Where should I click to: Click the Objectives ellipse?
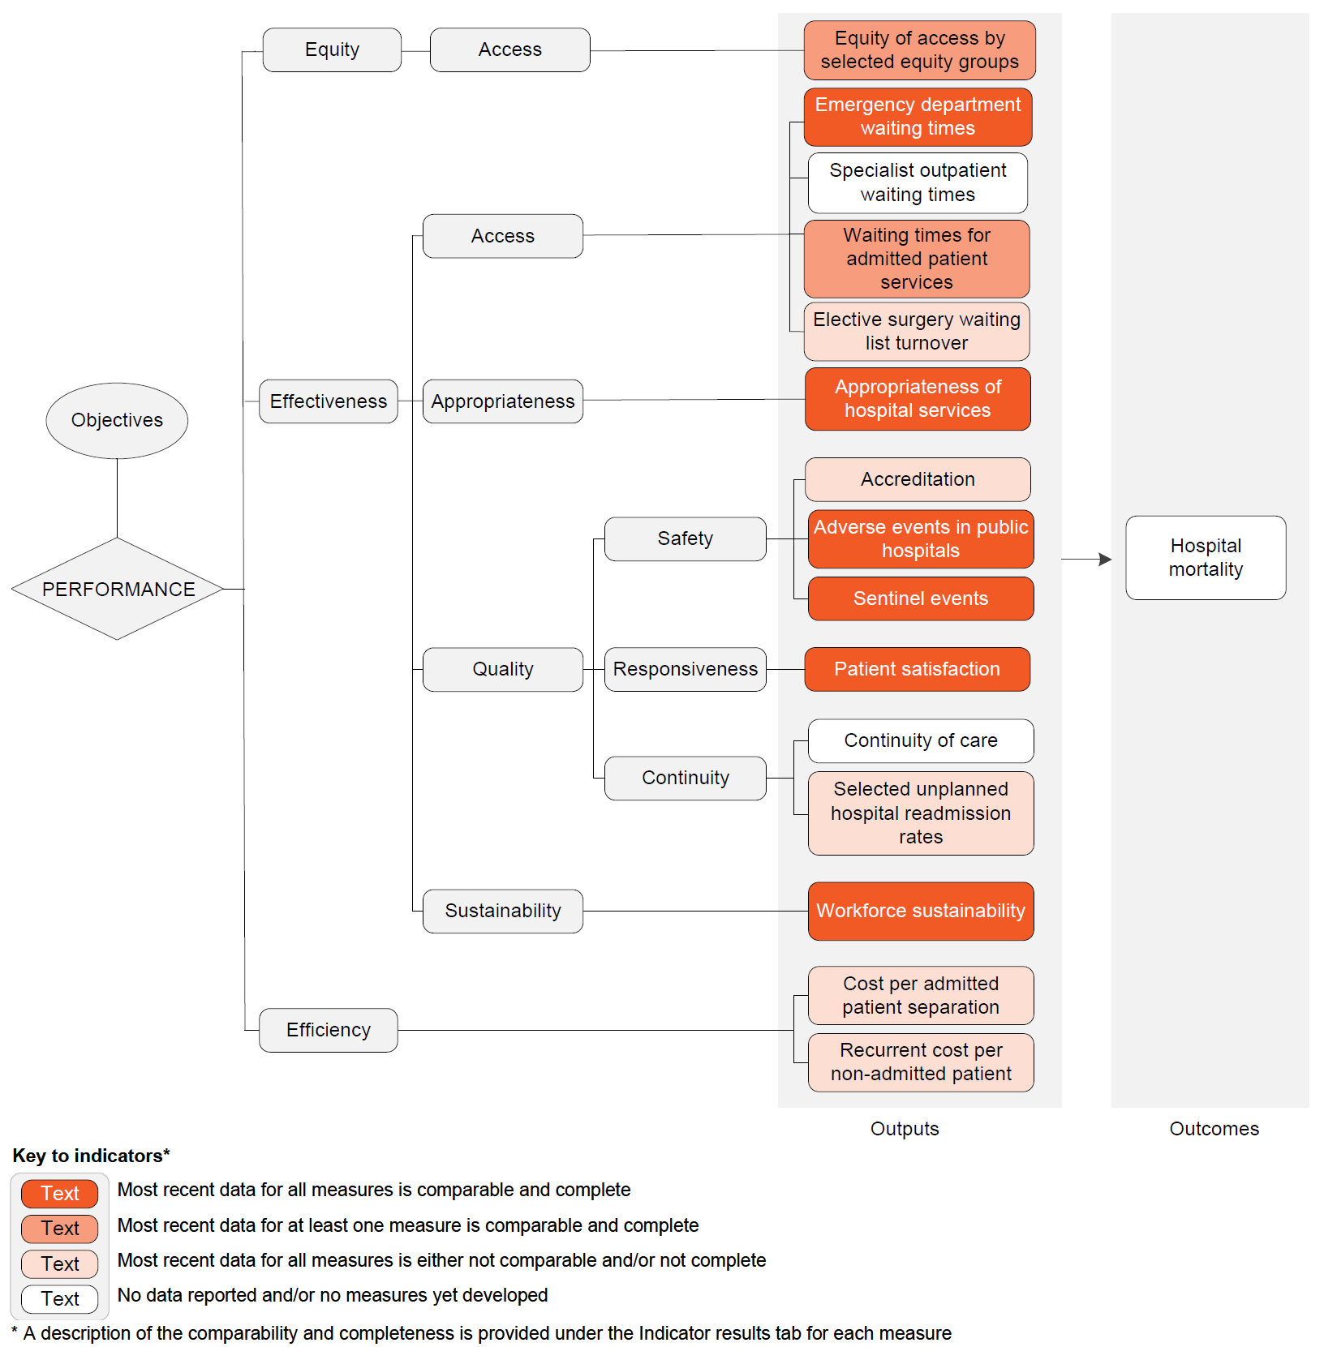click(117, 420)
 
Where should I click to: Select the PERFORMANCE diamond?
click(118, 589)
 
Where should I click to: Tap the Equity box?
click(332, 49)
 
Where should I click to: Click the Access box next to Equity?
click(509, 49)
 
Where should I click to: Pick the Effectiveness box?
click(328, 401)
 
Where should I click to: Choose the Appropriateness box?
click(502, 401)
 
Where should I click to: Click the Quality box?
click(502, 669)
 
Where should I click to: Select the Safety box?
click(685, 538)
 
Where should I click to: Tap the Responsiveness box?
click(685, 669)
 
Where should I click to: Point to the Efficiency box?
click(328, 1030)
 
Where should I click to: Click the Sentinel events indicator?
click(920, 598)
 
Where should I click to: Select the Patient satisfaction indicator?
click(917, 669)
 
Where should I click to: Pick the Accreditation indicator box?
click(918, 479)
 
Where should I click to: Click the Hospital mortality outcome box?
click(1206, 557)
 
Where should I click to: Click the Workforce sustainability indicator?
click(920, 911)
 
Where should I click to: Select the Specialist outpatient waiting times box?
click(918, 182)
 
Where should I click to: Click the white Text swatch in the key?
click(60, 1298)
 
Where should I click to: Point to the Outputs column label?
click(904, 1129)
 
